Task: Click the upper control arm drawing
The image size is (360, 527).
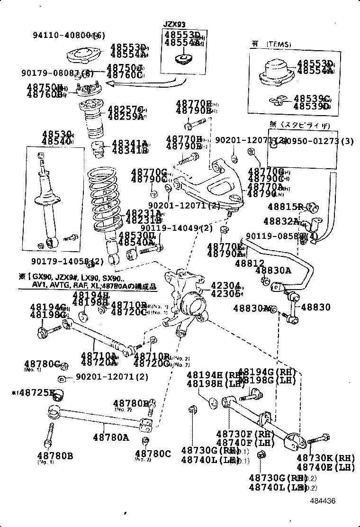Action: pos(211,187)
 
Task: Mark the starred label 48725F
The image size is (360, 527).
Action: pos(33,392)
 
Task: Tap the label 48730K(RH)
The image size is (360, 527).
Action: pos(326,458)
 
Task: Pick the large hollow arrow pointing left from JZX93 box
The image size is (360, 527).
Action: pos(142,83)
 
